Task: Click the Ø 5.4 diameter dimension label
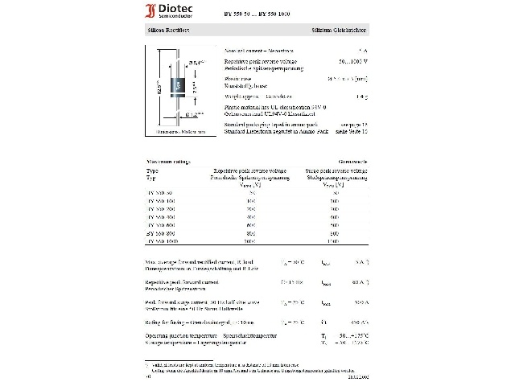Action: [x=195, y=63]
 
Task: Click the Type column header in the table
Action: [x=153, y=171]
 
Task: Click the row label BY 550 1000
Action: [x=164, y=240]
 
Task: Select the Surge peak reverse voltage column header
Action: [x=336, y=171]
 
